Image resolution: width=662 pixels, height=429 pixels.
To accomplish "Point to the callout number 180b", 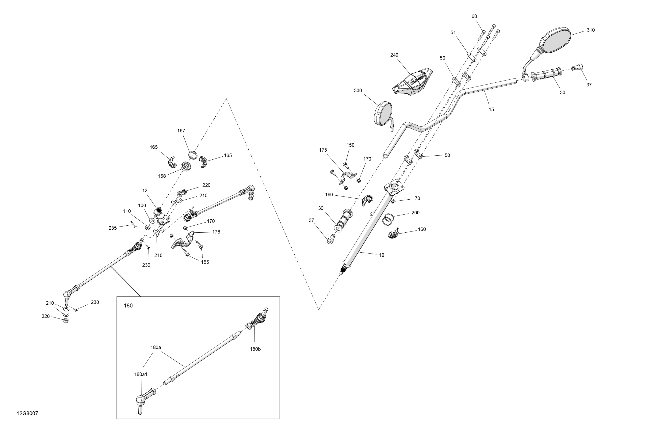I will click(255, 349).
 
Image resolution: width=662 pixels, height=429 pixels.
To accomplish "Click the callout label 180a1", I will click(141, 374).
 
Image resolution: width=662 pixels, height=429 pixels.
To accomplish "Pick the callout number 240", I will click(394, 55).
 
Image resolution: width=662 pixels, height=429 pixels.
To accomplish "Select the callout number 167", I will click(181, 131).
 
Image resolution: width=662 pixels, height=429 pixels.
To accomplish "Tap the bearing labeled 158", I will click(186, 167).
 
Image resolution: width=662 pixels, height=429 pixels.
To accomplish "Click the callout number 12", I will click(145, 191).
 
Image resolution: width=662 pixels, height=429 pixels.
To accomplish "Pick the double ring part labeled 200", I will click(388, 219).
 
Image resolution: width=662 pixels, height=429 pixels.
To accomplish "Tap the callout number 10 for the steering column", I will click(382, 255).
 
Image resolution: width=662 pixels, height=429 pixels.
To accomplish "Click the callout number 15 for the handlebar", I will click(492, 110).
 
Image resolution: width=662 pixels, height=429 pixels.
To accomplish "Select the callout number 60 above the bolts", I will click(474, 16).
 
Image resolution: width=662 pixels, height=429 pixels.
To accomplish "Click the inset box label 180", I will click(128, 306).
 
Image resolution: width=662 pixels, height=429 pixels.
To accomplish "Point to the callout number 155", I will click(205, 262).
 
